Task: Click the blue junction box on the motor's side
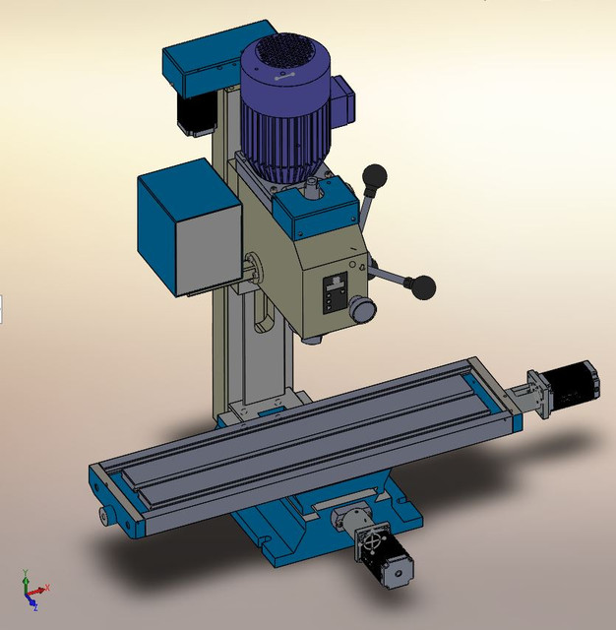tap(342, 100)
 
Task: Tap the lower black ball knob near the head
tap(423, 286)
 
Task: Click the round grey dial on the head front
tap(363, 310)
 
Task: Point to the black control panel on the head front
tap(335, 292)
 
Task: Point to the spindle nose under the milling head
tap(312, 339)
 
